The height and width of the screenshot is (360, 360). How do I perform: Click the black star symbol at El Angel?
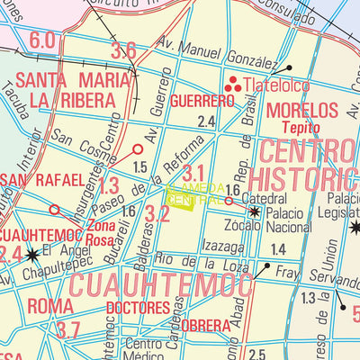click(x=33, y=255)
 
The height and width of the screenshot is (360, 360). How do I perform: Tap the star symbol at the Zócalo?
click(x=255, y=213)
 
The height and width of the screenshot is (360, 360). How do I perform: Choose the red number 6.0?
click(x=42, y=40)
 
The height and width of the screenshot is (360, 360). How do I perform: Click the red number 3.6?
click(x=123, y=51)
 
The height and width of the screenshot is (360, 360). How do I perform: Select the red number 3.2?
click(x=157, y=213)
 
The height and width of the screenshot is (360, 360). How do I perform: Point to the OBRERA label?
click(x=205, y=325)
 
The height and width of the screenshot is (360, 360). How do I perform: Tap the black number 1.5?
click(x=139, y=167)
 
